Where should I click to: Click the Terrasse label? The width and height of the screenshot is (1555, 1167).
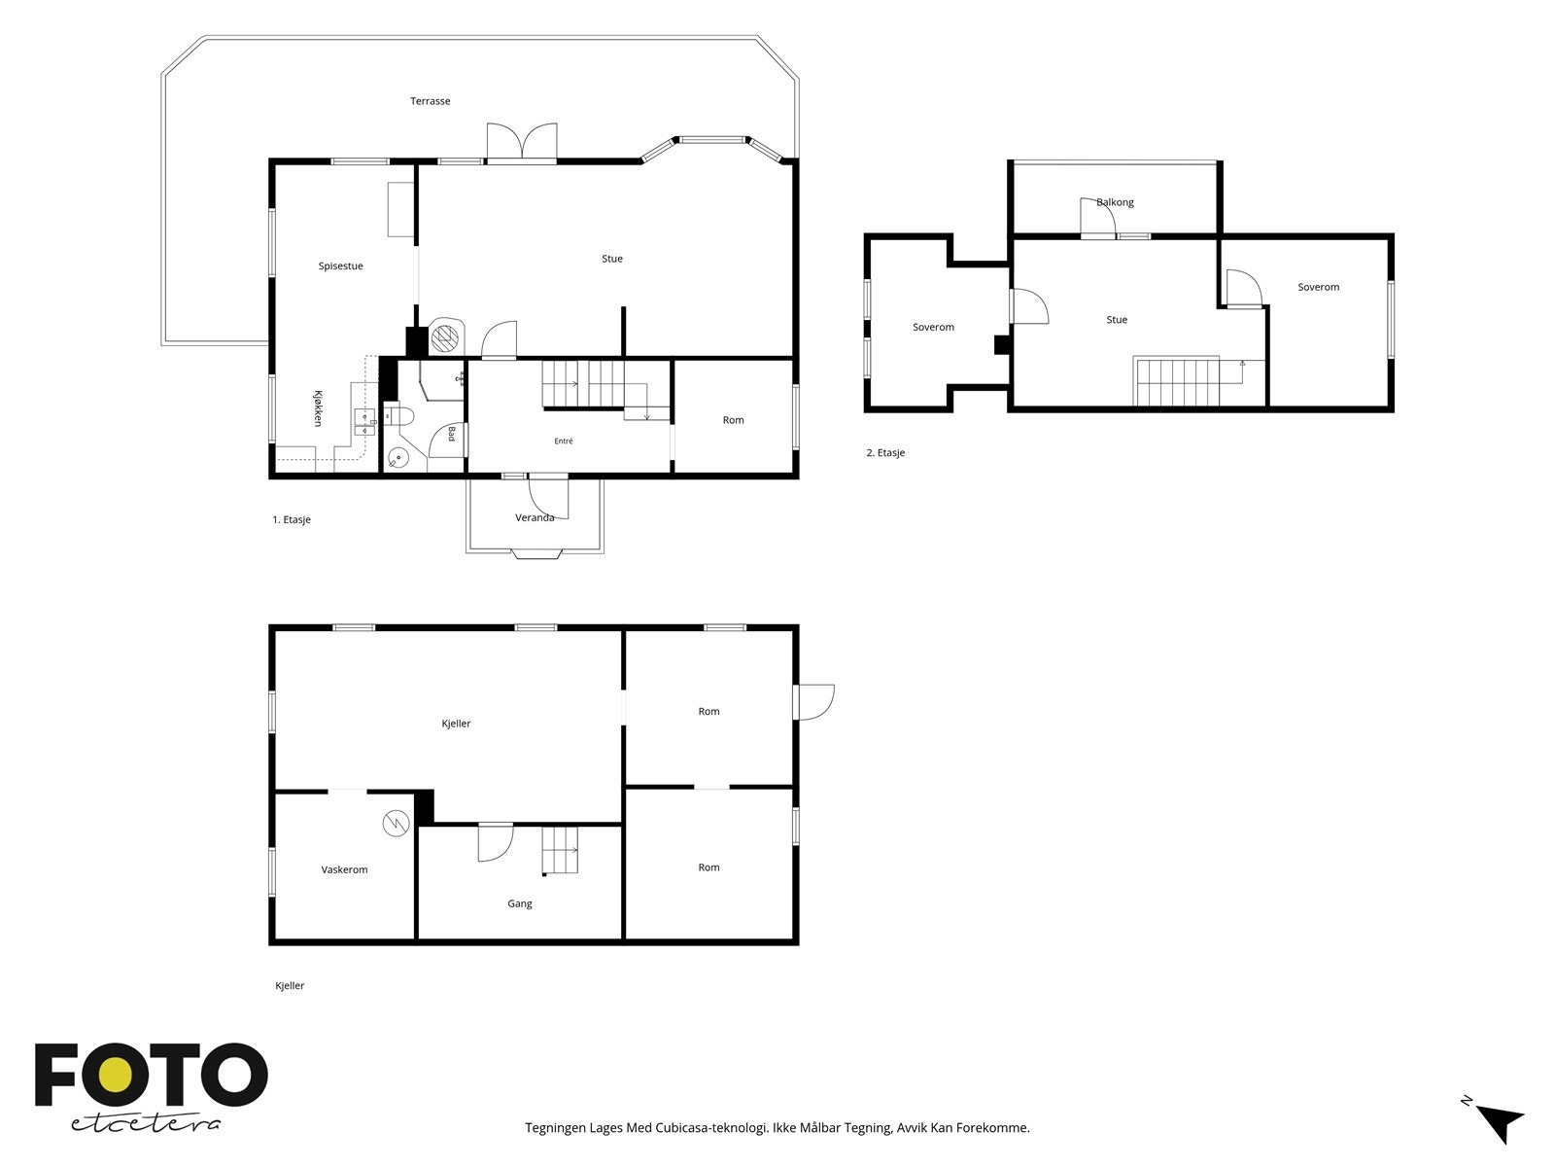point(430,101)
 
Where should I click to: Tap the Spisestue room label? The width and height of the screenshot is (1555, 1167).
point(340,266)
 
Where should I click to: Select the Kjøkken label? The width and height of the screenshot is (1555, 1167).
point(318,408)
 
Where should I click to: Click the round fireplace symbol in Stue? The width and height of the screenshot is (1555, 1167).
point(445,336)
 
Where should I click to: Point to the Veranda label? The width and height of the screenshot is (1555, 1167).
point(535,518)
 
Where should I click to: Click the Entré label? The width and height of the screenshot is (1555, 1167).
point(563,441)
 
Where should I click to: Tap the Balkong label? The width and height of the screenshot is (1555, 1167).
point(1115,202)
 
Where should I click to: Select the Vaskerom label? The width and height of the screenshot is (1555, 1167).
point(344,869)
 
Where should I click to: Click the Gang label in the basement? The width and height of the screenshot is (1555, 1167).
point(519,904)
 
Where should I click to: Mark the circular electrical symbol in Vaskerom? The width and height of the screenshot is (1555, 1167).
point(396,824)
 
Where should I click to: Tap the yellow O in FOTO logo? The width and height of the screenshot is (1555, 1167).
point(115,1075)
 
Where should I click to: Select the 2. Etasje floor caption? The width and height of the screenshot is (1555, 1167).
point(885,453)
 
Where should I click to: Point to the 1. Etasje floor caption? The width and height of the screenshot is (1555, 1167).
point(292,520)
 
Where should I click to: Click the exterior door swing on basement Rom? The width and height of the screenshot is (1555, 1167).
point(814,702)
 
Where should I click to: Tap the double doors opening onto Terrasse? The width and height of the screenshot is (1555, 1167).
point(521,142)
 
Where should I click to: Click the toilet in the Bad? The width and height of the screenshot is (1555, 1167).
point(397,414)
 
